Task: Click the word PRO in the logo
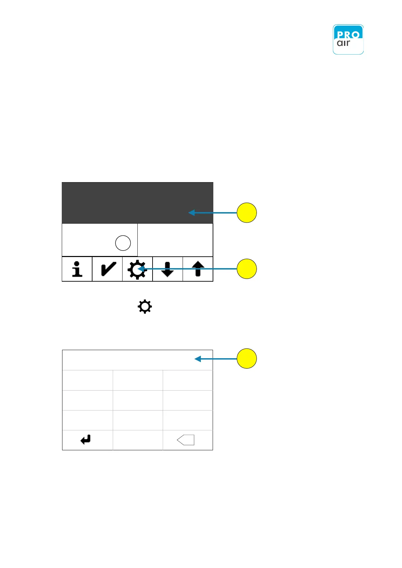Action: [348, 34]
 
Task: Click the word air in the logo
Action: [344, 43]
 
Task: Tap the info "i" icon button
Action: [77, 269]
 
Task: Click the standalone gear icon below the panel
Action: [145, 307]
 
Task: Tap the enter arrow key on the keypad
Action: [86, 439]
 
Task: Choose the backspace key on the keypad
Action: [186, 440]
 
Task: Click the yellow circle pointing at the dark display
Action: [247, 213]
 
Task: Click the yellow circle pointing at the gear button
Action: [247, 269]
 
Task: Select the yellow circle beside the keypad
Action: [247, 359]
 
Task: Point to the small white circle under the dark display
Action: [123, 243]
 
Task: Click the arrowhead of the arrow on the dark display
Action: [191, 212]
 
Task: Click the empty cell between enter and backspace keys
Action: [138, 440]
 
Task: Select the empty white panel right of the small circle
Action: [175, 240]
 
